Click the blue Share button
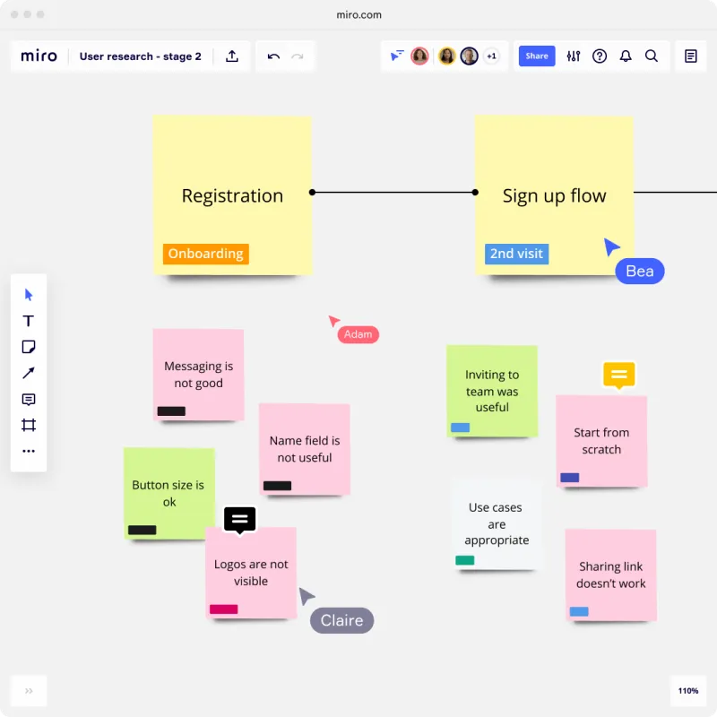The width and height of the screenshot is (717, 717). click(x=536, y=56)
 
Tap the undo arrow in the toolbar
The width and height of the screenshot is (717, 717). click(x=273, y=56)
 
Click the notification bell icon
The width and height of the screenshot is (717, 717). click(x=625, y=56)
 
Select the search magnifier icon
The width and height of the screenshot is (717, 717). click(x=652, y=56)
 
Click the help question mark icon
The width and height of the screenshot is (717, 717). click(x=599, y=56)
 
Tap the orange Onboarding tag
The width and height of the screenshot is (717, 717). click(x=206, y=254)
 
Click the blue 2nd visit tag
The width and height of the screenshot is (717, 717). click(x=516, y=254)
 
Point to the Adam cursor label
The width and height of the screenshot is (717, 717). click(x=358, y=334)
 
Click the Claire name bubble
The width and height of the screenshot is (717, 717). click(x=341, y=620)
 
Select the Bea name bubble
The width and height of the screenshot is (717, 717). click(x=639, y=272)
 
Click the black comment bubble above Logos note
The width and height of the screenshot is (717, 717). click(x=239, y=520)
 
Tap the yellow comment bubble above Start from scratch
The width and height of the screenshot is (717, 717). click(x=618, y=375)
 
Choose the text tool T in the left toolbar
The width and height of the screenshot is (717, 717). click(x=29, y=321)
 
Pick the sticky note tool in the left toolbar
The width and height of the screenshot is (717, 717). click(x=29, y=347)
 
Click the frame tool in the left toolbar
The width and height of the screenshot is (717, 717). click(x=29, y=425)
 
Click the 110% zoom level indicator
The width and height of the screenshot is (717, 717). click(x=687, y=690)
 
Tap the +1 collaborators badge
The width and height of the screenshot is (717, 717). click(x=491, y=56)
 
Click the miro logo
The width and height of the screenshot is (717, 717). click(x=39, y=56)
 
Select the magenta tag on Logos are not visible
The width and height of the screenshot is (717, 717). click(x=223, y=609)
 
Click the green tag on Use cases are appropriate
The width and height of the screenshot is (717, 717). click(x=464, y=560)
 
